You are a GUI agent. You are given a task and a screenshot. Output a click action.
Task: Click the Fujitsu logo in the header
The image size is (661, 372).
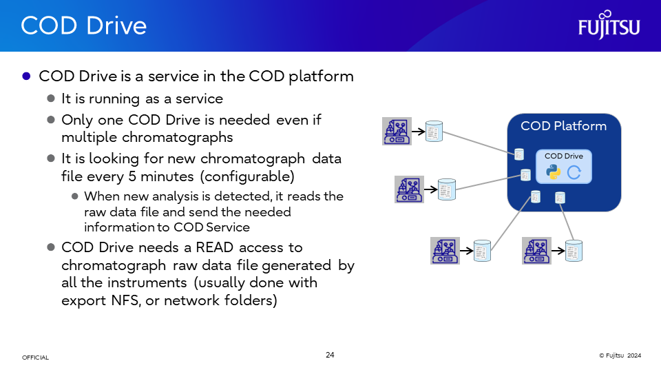click(x=609, y=25)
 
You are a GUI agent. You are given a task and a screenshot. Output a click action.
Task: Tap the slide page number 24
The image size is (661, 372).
click(x=330, y=355)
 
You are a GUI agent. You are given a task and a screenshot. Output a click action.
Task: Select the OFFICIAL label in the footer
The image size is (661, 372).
click(x=35, y=358)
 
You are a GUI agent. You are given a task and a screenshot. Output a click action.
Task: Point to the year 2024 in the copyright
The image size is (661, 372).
click(x=634, y=355)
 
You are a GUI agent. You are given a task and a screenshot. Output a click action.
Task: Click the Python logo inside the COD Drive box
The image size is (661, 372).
click(x=553, y=172)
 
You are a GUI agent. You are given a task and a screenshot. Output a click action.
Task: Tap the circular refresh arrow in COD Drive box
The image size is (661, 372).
click(x=574, y=172)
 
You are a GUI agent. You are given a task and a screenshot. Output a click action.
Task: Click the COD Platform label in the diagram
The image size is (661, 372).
click(x=563, y=126)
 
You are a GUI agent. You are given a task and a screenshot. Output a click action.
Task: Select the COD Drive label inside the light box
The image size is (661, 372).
click(x=563, y=156)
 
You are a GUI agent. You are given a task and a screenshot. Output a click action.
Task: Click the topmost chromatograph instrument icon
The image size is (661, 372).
click(x=397, y=131)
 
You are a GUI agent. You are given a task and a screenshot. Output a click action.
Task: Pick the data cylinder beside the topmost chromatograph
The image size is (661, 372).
click(x=434, y=131)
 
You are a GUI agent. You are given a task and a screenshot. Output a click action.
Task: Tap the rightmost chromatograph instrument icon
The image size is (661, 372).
click(x=537, y=251)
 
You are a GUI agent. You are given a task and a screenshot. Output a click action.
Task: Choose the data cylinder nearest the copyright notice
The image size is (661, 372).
click(x=574, y=251)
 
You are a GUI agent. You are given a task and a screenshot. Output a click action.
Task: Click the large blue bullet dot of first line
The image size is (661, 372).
click(x=26, y=76)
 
